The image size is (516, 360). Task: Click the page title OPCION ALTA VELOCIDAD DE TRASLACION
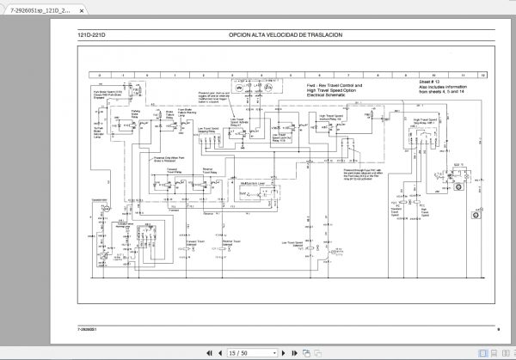(x=286, y=34)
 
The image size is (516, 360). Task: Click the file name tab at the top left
(x=34, y=9)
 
